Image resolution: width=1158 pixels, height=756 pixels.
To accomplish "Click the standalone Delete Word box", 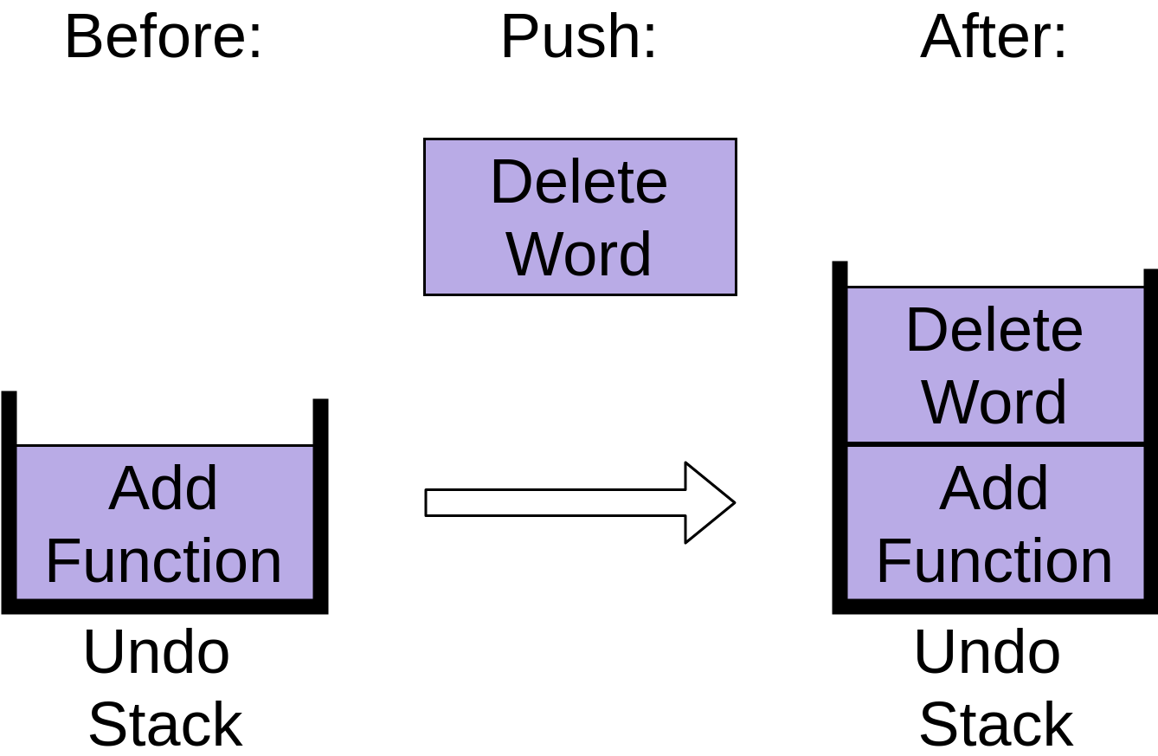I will click(580, 216).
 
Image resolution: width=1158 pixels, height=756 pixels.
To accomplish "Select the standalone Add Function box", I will click(164, 522).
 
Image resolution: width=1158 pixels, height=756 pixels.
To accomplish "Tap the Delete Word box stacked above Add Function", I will click(995, 365).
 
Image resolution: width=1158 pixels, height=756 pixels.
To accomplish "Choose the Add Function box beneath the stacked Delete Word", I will click(995, 522).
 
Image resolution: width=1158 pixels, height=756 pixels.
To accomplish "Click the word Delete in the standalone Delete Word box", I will click(579, 183).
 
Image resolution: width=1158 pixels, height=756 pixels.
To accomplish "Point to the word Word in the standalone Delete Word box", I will click(579, 255).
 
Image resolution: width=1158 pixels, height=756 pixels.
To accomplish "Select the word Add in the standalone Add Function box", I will click(164, 488).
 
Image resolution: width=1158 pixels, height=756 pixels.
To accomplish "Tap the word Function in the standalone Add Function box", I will click(164, 561).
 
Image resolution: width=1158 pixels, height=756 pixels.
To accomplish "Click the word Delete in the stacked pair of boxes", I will click(994, 331).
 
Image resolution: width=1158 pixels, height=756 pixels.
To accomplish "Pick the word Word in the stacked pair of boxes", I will click(994, 403).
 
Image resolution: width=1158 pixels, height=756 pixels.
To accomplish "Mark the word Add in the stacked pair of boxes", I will click(994, 488).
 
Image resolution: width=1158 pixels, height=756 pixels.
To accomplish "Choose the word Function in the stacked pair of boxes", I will click(994, 561).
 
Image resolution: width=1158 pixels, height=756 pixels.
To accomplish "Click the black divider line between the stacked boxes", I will click(995, 444).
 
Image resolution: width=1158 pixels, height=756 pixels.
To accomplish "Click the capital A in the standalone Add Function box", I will click(127, 488).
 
